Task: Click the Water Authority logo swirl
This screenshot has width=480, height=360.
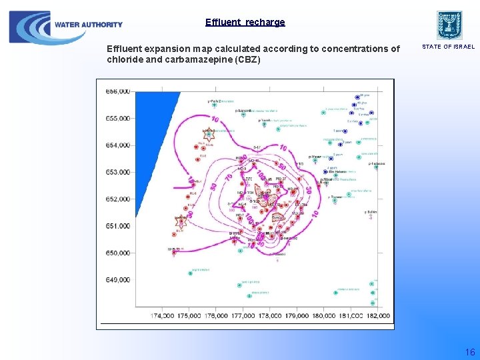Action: pyautogui.click(x=29, y=27)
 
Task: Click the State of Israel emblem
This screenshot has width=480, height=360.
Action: pyautogui.click(x=449, y=25)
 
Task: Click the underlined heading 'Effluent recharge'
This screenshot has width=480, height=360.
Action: pyautogui.click(x=245, y=22)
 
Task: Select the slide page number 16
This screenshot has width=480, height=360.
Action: pyautogui.click(x=469, y=351)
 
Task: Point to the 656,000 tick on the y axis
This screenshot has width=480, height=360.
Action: pyautogui.click(x=118, y=91)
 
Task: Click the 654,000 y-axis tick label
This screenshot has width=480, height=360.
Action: pyautogui.click(x=118, y=145)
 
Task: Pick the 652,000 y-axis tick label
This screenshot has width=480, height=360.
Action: pyautogui.click(x=118, y=199)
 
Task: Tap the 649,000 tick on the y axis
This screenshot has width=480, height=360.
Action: pyautogui.click(x=118, y=280)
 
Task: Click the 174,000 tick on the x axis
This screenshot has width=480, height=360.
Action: pyautogui.click(x=163, y=315)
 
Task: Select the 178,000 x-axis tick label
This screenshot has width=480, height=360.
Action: pyautogui.click(x=270, y=315)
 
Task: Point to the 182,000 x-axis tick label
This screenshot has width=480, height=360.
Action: pyautogui.click(x=378, y=315)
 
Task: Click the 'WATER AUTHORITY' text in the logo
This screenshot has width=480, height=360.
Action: pyautogui.click(x=89, y=25)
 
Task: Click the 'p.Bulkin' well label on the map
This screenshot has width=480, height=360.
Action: pyautogui.click(x=371, y=211)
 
